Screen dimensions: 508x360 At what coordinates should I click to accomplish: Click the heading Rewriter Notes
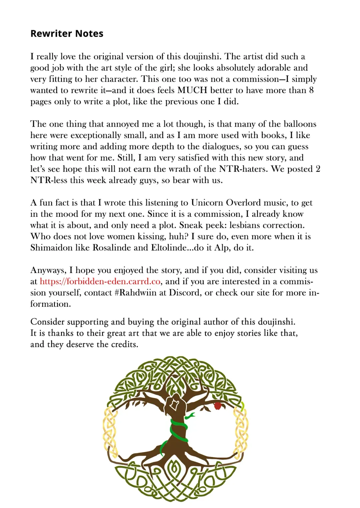pyautogui.click(x=67, y=34)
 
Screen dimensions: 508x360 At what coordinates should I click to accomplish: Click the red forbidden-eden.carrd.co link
pyautogui.click(x=100, y=281)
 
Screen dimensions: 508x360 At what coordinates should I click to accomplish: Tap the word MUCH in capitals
pyautogui.click(x=192, y=90)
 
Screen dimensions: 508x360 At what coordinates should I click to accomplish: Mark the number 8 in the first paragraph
pyautogui.click(x=311, y=90)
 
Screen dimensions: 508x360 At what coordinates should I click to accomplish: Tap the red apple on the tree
pyautogui.click(x=217, y=406)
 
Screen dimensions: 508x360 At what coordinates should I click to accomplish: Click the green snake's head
pyautogui.click(x=191, y=415)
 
